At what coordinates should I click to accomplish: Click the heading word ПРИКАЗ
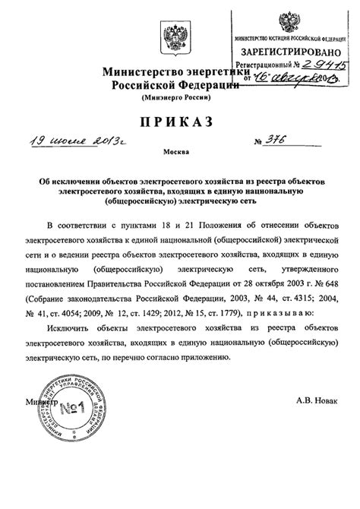180,125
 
